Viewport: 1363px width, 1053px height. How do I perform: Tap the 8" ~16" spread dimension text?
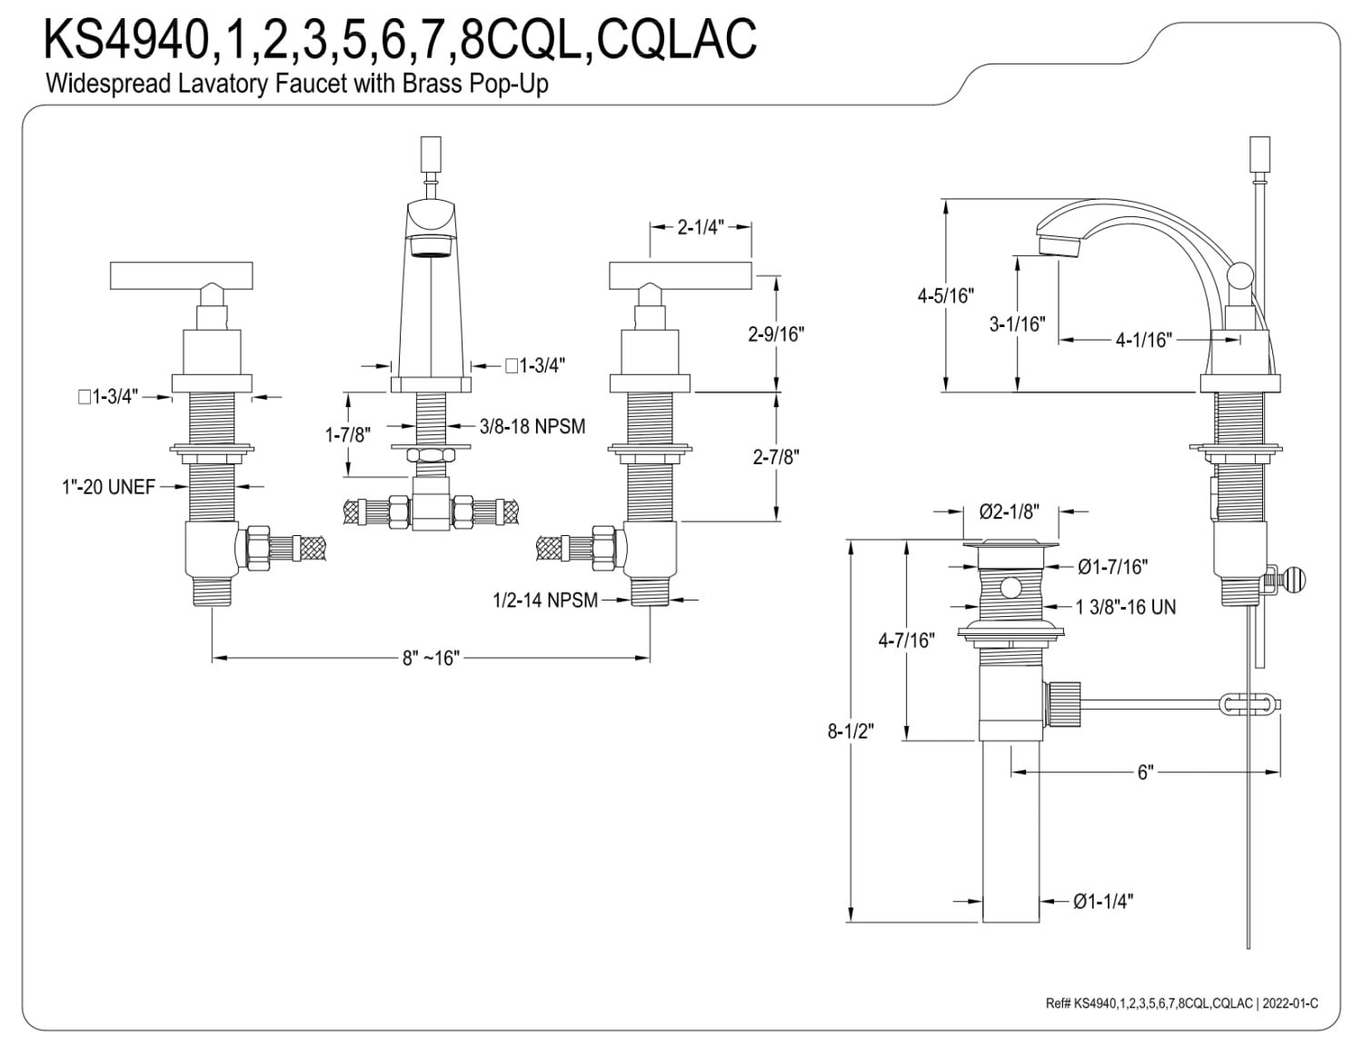(x=432, y=659)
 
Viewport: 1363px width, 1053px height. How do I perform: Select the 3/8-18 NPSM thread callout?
(x=532, y=426)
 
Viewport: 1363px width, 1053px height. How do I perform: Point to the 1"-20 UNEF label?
(x=108, y=487)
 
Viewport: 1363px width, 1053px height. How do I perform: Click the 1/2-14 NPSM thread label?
(x=545, y=601)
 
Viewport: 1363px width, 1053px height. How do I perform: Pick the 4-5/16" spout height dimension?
(x=946, y=295)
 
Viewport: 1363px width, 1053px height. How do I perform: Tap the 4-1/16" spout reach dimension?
(x=1143, y=340)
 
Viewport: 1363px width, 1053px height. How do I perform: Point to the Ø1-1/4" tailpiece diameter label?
(x=1103, y=901)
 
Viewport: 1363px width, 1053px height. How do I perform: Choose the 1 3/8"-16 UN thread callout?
(x=1126, y=607)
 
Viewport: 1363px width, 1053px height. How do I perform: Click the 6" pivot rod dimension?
(x=1145, y=772)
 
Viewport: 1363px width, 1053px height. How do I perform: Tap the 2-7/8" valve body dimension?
(x=777, y=457)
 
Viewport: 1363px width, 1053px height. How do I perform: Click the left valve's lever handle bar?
(x=181, y=276)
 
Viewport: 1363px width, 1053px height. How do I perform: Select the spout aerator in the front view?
(x=431, y=246)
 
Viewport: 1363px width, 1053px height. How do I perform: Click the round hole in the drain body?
(x=1010, y=588)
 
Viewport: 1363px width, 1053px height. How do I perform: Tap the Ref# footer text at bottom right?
(x=1182, y=1003)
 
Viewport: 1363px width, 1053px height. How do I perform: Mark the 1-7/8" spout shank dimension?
(x=347, y=434)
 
